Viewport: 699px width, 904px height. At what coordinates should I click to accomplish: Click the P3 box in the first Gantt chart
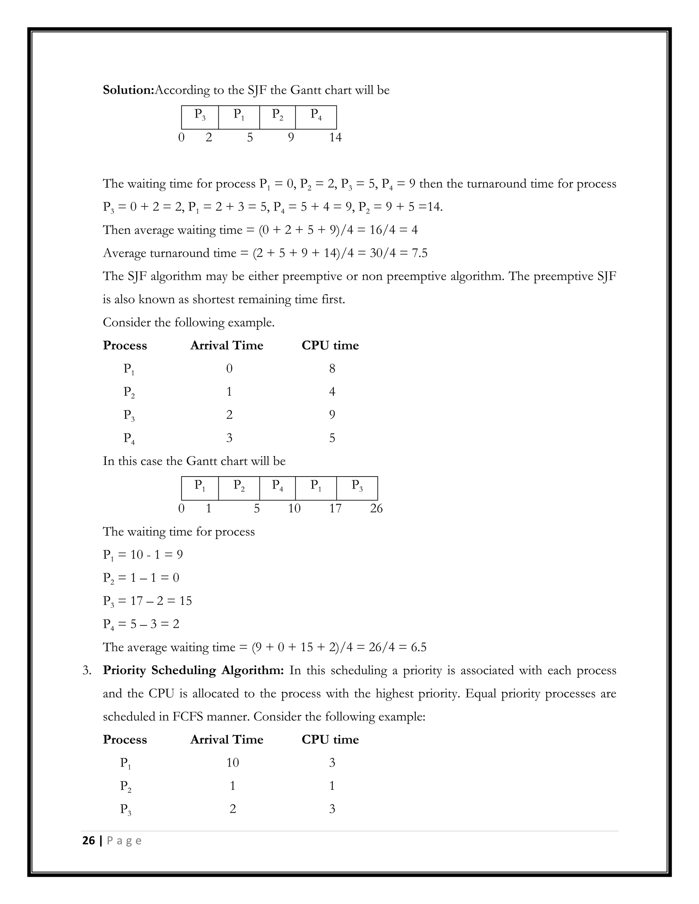tap(200, 117)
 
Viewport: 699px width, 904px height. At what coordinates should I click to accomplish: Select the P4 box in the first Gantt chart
tap(316, 117)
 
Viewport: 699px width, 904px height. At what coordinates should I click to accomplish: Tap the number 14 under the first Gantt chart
tap(335, 137)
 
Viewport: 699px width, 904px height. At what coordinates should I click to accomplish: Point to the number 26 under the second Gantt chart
tap(376, 508)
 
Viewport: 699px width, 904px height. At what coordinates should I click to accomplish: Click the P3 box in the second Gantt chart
tap(357, 488)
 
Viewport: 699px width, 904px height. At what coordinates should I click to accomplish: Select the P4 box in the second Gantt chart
tap(277, 488)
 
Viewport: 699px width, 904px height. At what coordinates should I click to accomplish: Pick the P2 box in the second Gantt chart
tap(239, 488)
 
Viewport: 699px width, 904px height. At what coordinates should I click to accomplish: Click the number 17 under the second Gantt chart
tap(335, 508)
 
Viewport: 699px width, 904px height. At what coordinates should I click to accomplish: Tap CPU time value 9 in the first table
tap(332, 415)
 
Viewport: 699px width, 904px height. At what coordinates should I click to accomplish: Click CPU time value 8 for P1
tap(332, 368)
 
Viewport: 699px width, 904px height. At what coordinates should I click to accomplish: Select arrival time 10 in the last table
tap(232, 762)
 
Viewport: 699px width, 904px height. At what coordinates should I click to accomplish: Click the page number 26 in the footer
tap(89, 841)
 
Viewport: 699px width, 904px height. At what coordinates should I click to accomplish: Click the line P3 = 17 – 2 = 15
tap(147, 601)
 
